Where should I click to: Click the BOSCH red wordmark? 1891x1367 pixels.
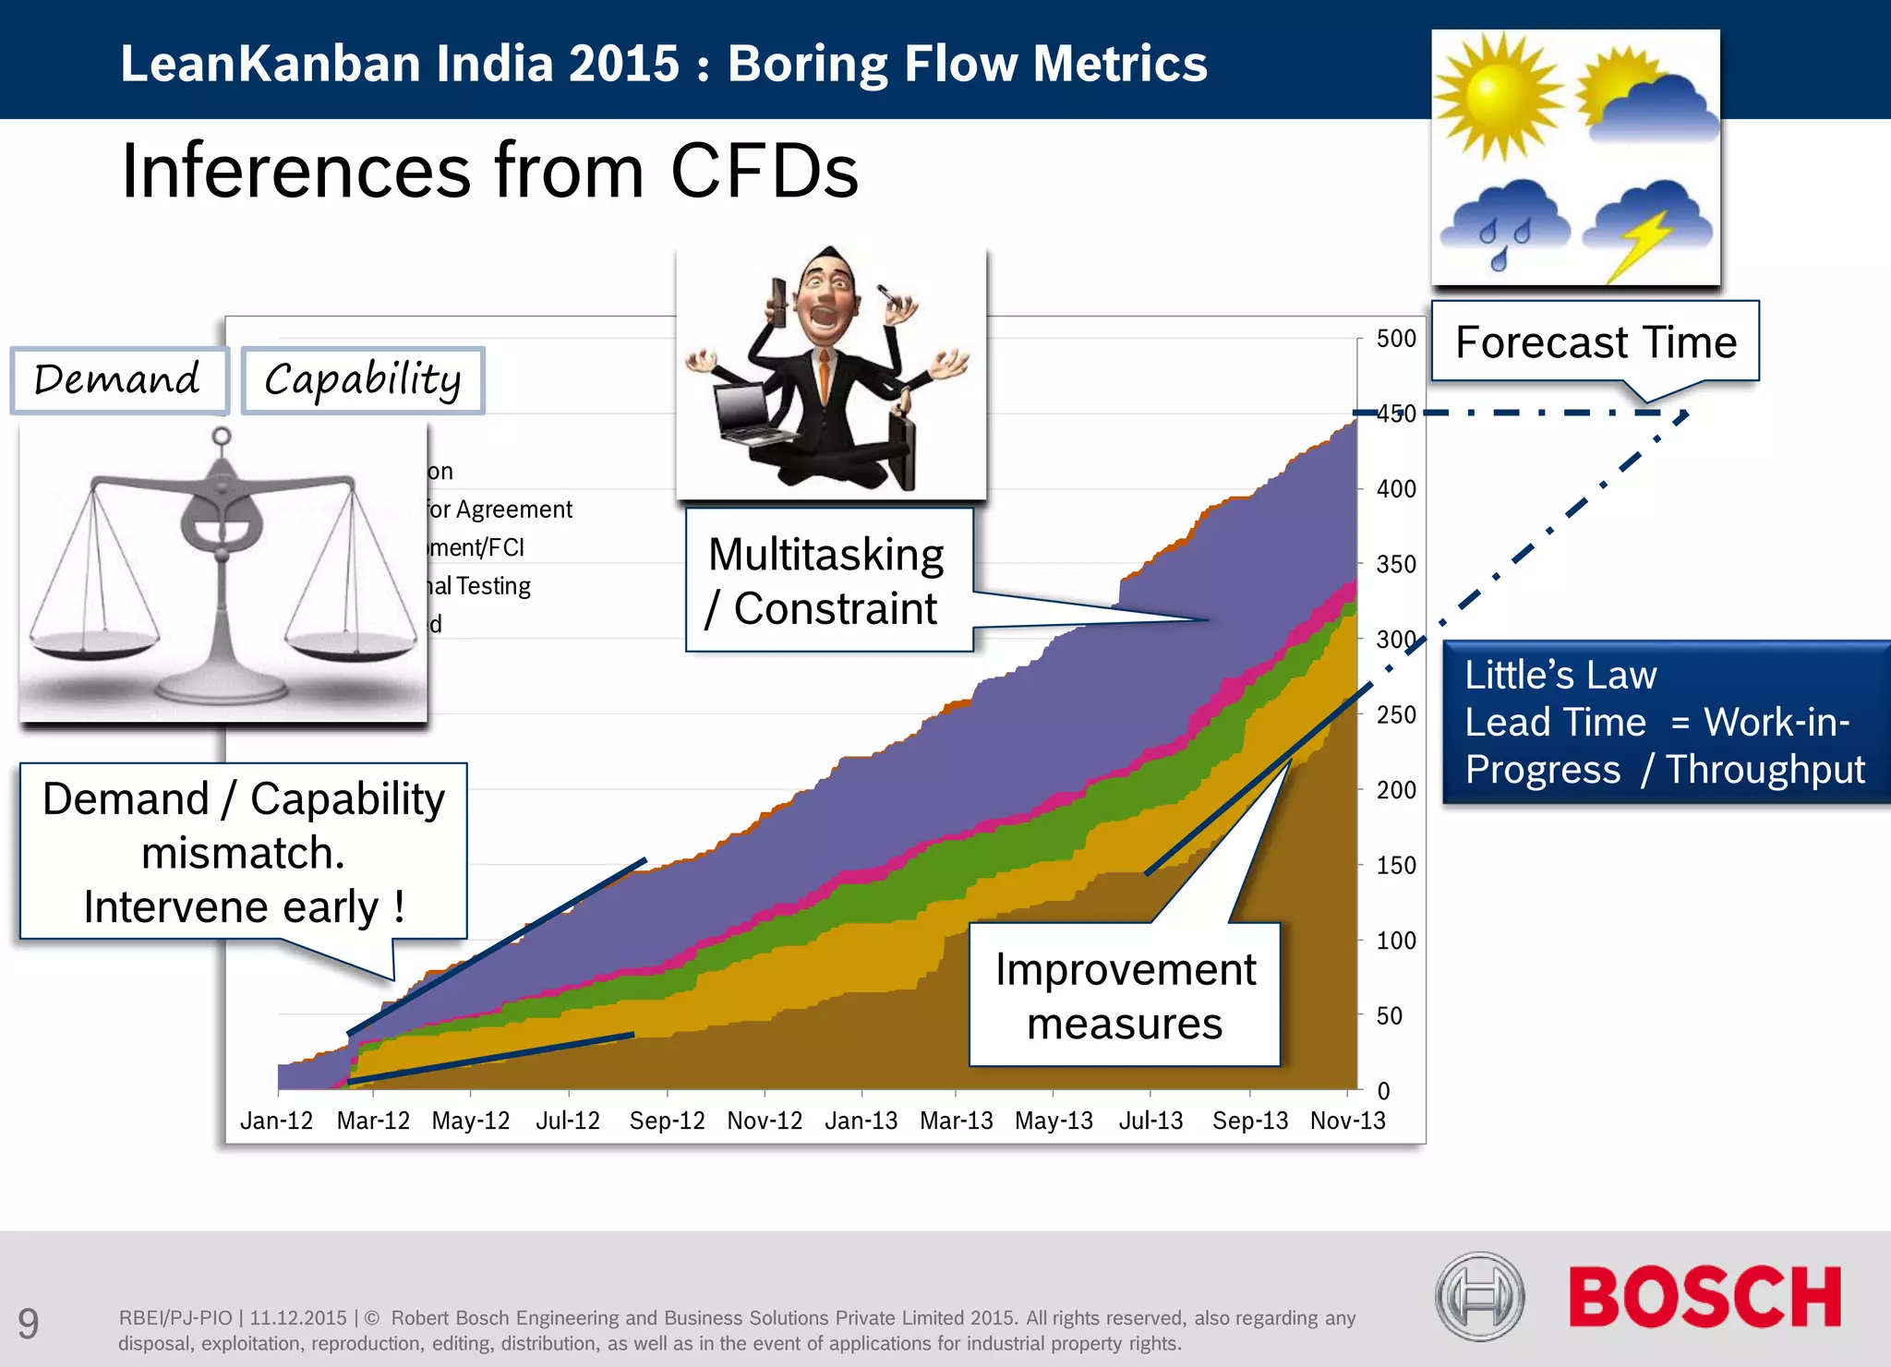click(1704, 1297)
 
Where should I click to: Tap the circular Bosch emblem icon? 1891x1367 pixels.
click(1479, 1297)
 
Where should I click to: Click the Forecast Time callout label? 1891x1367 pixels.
click(1596, 342)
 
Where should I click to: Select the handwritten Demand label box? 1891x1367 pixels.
click(118, 380)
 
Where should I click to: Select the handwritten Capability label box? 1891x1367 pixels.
click(363, 380)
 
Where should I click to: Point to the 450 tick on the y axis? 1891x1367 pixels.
click(1395, 414)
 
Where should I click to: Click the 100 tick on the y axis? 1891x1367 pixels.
click(1395, 941)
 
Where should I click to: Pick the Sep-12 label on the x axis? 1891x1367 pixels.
click(667, 1121)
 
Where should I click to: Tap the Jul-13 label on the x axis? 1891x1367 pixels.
click(1150, 1121)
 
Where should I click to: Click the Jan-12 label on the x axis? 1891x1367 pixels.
click(276, 1121)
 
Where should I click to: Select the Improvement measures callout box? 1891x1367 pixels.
click(1125, 995)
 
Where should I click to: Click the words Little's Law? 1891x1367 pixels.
click(1560, 675)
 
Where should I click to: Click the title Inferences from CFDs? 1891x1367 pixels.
click(489, 171)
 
